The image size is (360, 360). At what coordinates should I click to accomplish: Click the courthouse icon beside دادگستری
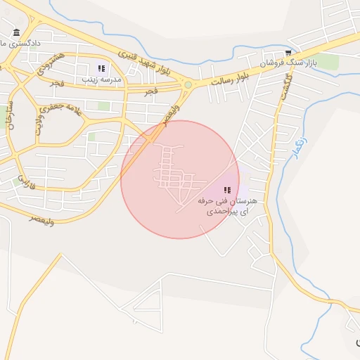point(16,32)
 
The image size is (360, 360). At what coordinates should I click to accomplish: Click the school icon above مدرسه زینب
point(101,68)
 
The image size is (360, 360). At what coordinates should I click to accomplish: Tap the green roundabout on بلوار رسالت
point(188,85)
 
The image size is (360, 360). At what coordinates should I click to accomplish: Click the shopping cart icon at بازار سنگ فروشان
point(288,53)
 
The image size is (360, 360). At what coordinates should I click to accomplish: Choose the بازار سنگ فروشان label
point(288,63)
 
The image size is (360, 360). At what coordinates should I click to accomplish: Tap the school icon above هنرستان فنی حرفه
point(226,190)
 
